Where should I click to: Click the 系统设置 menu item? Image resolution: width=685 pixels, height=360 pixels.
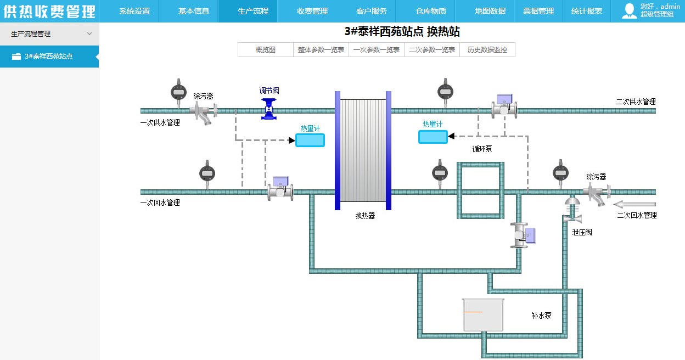[134, 11]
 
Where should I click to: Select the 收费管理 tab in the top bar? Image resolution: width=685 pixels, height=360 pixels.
[312, 11]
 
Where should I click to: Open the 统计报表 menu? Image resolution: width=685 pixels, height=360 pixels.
[586, 11]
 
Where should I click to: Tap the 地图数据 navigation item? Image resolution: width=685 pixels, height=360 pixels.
[490, 11]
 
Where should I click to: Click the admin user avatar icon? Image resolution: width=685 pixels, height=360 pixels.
[629, 11]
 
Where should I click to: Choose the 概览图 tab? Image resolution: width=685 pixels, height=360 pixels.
[266, 50]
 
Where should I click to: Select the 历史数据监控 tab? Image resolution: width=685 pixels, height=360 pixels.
[487, 50]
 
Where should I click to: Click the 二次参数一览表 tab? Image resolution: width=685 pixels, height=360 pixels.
[432, 50]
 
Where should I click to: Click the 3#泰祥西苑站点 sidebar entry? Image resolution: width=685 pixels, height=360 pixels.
[49, 57]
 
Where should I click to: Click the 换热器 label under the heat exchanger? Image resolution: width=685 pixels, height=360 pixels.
[365, 216]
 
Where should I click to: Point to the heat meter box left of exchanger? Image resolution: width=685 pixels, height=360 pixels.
[310, 140]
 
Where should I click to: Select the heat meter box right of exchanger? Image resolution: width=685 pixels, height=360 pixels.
[433, 137]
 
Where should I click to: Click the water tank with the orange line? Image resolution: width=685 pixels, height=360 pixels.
[483, 315]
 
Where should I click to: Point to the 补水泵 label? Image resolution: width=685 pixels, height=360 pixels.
[541, 316]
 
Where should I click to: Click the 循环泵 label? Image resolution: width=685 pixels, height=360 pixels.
[482, 148]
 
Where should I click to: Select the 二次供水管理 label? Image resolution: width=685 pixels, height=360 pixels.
[636, 102]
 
